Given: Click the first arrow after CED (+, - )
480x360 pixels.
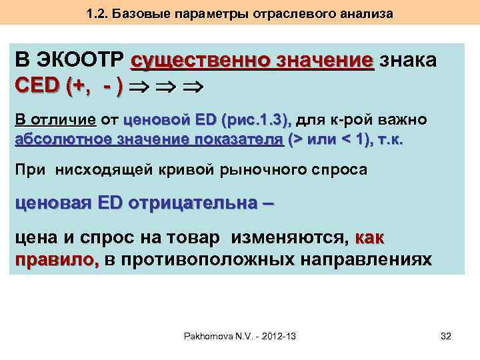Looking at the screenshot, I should (x=137, y=87).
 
